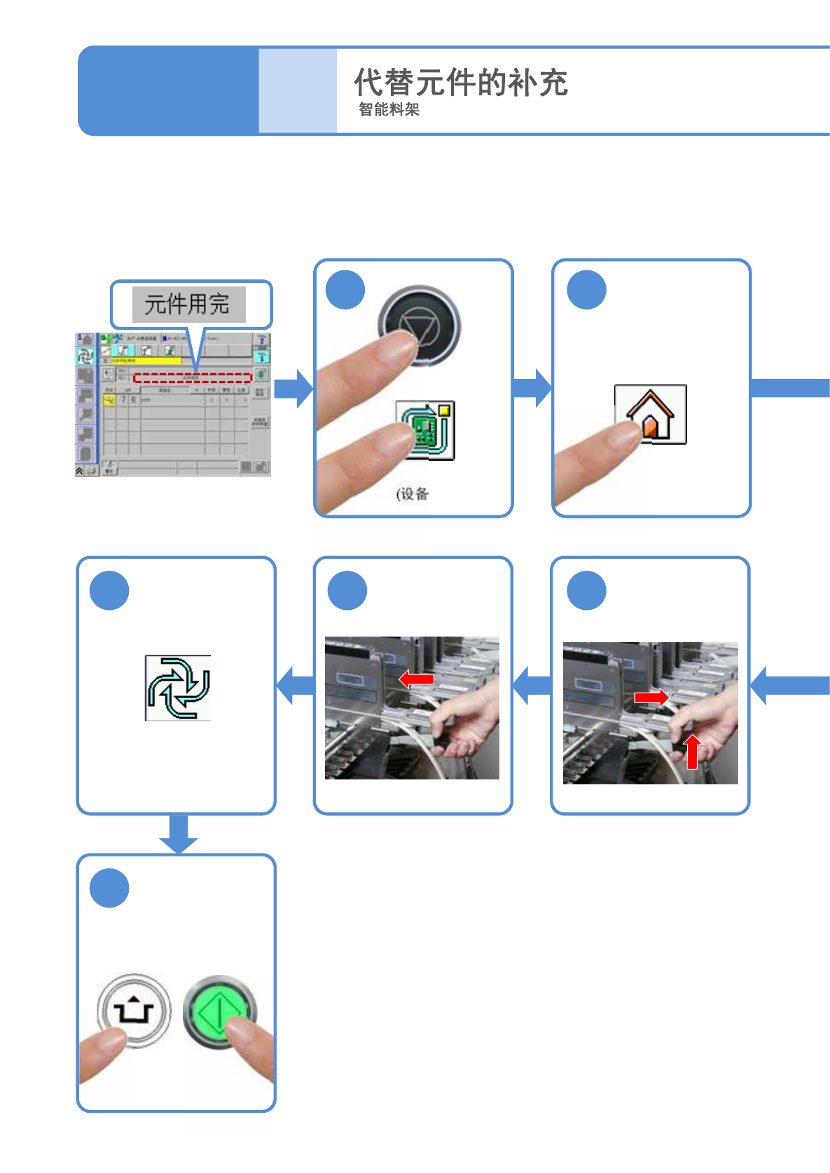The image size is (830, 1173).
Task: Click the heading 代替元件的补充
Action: pos(460,83)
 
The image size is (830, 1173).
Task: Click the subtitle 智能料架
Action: pos(389,109)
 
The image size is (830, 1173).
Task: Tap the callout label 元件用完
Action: pos(188,304)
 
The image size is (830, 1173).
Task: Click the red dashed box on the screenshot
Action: pos(192,378)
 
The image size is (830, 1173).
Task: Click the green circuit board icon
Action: pos(425,430)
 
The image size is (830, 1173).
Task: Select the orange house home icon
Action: pos(650,415)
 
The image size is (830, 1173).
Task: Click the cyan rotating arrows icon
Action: pos(178,688)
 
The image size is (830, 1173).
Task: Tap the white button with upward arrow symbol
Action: pos(134,1011)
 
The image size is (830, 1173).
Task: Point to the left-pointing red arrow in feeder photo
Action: pos(416,678)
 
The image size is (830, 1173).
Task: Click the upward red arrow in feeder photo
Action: pos(692,751)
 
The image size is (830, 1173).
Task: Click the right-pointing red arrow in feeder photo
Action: pos(651,697)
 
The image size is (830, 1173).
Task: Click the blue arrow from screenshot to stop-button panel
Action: pos(293,388)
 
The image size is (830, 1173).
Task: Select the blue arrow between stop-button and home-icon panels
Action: pos(532,388)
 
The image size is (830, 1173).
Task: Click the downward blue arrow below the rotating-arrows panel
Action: pos(179,833)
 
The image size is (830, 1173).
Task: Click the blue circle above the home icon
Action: pos(586,290)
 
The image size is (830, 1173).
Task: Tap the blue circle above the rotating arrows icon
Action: pos(109,590)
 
